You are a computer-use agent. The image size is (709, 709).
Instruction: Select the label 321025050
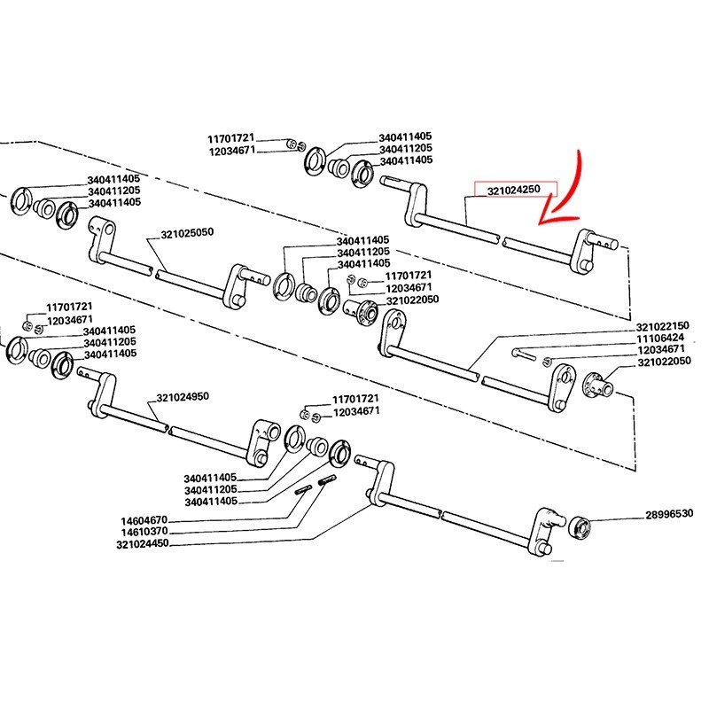188,234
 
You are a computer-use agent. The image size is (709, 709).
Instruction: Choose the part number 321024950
183,397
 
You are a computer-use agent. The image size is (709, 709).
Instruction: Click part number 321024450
142,543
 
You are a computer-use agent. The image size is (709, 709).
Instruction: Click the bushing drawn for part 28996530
582,525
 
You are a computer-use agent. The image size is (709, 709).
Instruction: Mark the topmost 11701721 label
231,139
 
